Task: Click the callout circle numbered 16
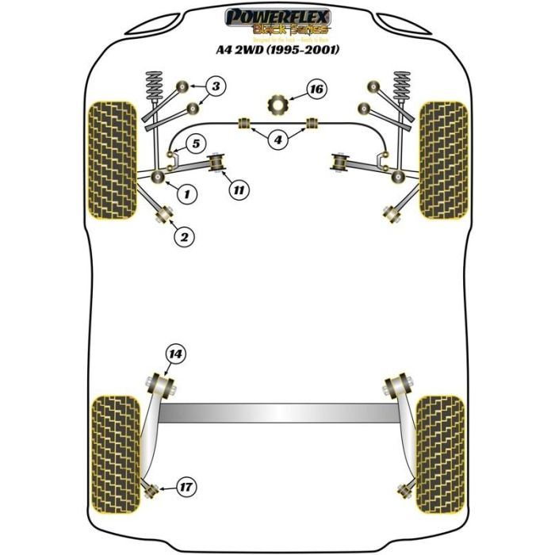(x=316, y=90)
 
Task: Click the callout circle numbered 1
(x=187, y=192)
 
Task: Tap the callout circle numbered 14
(x=174, y=354)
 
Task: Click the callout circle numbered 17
(x=187, y=486)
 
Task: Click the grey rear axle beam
(x=277, y=413)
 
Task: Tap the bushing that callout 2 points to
(x=166, y=214)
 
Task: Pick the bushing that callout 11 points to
(x=216, y=163)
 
